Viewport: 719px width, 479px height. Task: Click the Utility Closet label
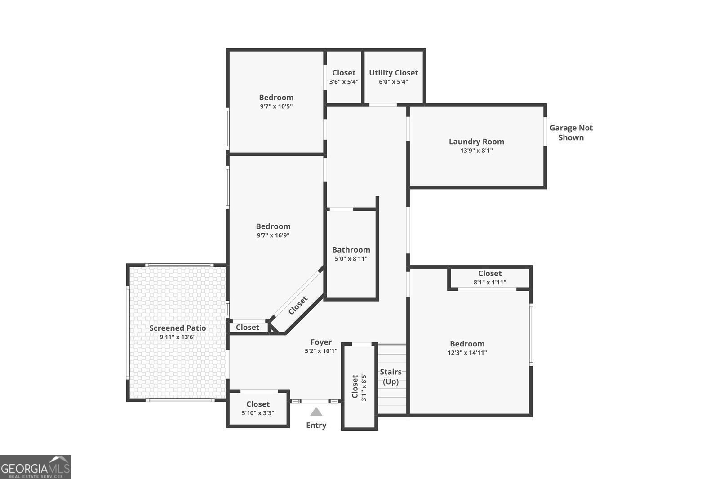click(x=393, y=73)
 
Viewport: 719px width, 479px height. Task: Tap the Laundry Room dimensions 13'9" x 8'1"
click(x=476, y=151)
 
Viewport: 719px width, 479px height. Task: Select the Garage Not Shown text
click(x=571, y=133)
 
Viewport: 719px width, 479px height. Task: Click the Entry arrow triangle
click(x=316, y=412)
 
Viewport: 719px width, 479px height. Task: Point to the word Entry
click(x=316, y=425)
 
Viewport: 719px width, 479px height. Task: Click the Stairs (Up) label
click(x=391, y=377)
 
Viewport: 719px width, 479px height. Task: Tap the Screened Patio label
click(x=178, y=328)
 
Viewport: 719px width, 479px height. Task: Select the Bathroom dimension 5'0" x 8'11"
click(x=351, y=259)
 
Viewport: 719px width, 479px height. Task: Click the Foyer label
click(x=321, y=342)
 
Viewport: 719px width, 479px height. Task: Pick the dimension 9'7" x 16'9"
click(x=273, y=235)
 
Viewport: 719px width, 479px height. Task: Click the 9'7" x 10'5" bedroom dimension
click(x=276, y=106)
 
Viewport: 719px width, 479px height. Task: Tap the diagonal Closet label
click(x=298, y=305)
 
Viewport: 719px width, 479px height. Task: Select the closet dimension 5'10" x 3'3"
click(x=258, y=413)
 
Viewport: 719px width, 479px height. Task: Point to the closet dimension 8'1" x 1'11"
click(x=490, y=282)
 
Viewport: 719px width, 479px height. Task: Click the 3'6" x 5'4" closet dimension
click(x=344, y=82)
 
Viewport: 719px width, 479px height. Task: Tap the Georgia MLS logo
click(x=36, y=467)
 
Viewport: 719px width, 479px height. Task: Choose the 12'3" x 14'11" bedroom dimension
click(x=467, y=353)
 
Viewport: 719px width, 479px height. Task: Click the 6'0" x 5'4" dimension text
click(x=393, y=82)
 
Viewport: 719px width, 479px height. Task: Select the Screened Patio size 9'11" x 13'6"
click(x=178, y=337)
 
